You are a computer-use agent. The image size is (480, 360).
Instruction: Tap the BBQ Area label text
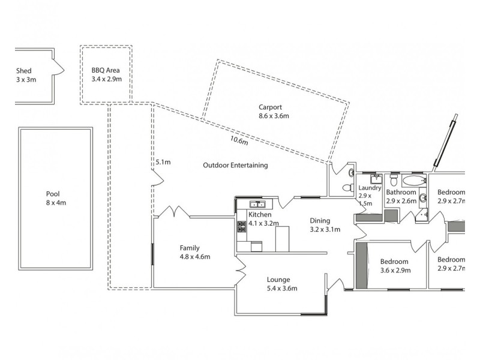(x=106, y=70)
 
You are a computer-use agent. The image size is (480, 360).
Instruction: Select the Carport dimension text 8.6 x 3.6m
(x=274, y=116)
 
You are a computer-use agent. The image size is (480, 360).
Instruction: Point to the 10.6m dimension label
(x=238, y=142)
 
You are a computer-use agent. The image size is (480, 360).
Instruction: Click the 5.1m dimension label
(x=163, y=162)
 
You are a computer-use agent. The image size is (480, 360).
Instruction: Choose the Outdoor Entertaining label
(x=235, y=166)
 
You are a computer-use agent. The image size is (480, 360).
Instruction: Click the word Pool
(x=53, y=194)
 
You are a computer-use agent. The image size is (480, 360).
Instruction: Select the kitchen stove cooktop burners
(x=242, y=226)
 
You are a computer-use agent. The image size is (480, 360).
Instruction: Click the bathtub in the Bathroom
(x=414, y=181)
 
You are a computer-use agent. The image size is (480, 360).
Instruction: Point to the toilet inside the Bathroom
(x=394, y=180)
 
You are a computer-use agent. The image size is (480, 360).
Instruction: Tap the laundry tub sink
(x=376, y=178)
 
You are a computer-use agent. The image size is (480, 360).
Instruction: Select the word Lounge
(x=278, y=280)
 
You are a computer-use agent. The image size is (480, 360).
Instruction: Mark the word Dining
(x=320, y=220)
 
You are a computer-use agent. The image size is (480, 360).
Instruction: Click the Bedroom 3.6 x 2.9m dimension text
(x=394, y=271)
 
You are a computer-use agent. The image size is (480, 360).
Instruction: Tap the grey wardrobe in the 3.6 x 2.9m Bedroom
(x=361, y=265)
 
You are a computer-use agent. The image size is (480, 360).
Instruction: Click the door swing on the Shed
(x=59, y=67)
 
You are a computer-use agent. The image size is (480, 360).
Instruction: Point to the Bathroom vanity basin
(x=422, y=197)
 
